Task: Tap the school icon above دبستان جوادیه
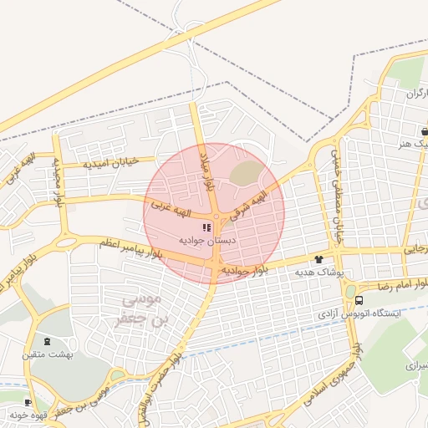click(206, 227)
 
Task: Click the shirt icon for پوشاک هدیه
click(318, 259)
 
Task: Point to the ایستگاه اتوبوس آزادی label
click(350, 315)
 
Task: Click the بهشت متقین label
click(48, 354)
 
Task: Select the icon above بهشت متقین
click(46, 341)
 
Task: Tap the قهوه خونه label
click(32, 414)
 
